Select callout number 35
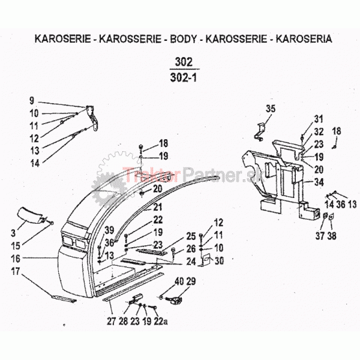[271, 109]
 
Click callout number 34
[319, 182]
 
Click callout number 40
[179, 282]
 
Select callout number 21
[157, 206]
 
